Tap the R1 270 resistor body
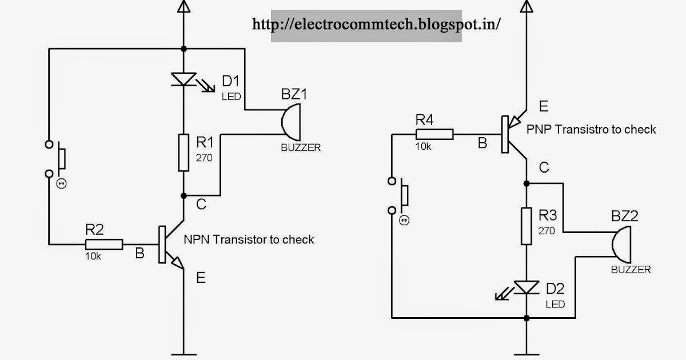184,153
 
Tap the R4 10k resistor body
434,135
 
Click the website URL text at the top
377,24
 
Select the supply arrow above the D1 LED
184,7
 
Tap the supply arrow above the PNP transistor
525,7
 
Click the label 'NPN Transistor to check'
249,239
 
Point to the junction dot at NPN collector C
184,195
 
